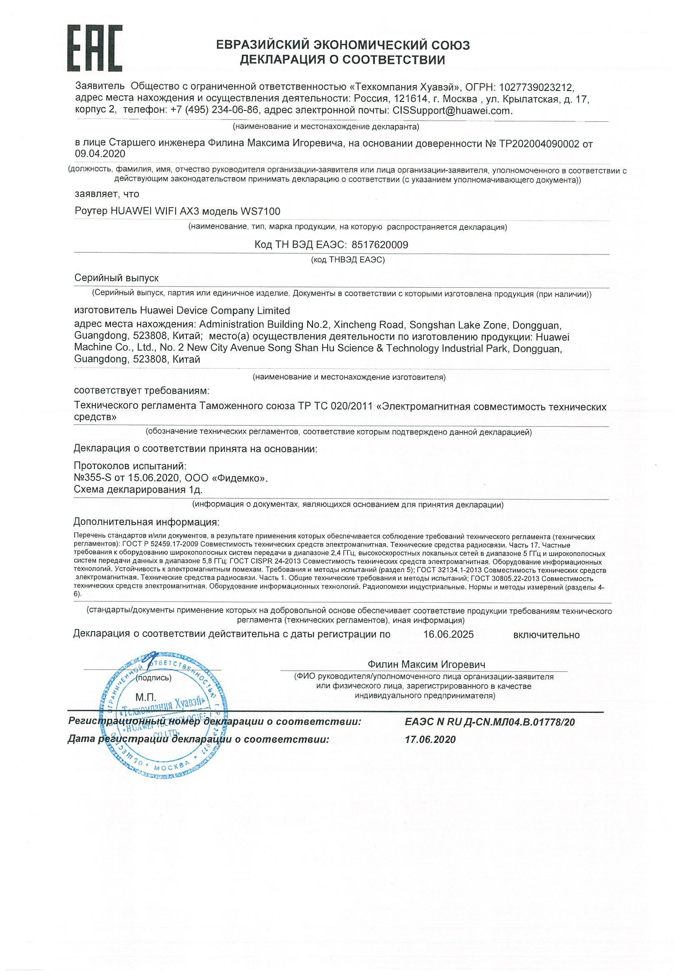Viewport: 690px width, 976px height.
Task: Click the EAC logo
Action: pyautogui.click(x=94, y=48)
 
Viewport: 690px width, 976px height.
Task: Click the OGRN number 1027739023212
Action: pyautogui.click(x=536, y=88)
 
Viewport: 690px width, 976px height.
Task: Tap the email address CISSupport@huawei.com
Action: pyautogui.click(x=452, y=111)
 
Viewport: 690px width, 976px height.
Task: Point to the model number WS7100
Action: pyautogui.click(x=260, y=211)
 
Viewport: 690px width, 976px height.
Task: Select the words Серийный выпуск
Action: pyautogui.click(x=116, y=278)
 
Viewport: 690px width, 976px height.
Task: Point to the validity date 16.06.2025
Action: pyautogui.click(x=448, y=635)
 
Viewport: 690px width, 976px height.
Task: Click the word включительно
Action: pyautogui.click(x=546, y=635)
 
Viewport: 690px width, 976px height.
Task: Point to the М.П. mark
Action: pyautogui.click(x=146, y=697)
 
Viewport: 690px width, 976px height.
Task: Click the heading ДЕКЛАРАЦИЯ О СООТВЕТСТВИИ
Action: pyautogui.click(x=342, y=60)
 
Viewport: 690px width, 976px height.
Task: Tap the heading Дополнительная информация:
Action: pyautogui.click(x=147, y=522)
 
